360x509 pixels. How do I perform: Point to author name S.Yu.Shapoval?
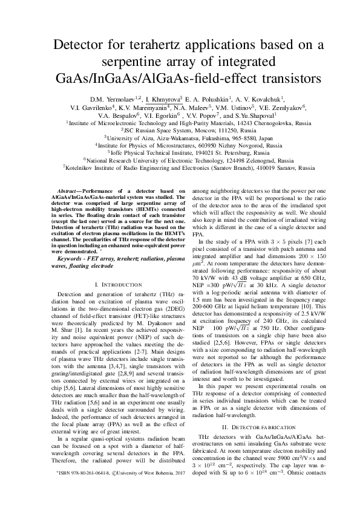pyautogui.click(x=255, y=115)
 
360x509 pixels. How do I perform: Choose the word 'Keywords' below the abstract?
pyautogui.click(x=63, y=258)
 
